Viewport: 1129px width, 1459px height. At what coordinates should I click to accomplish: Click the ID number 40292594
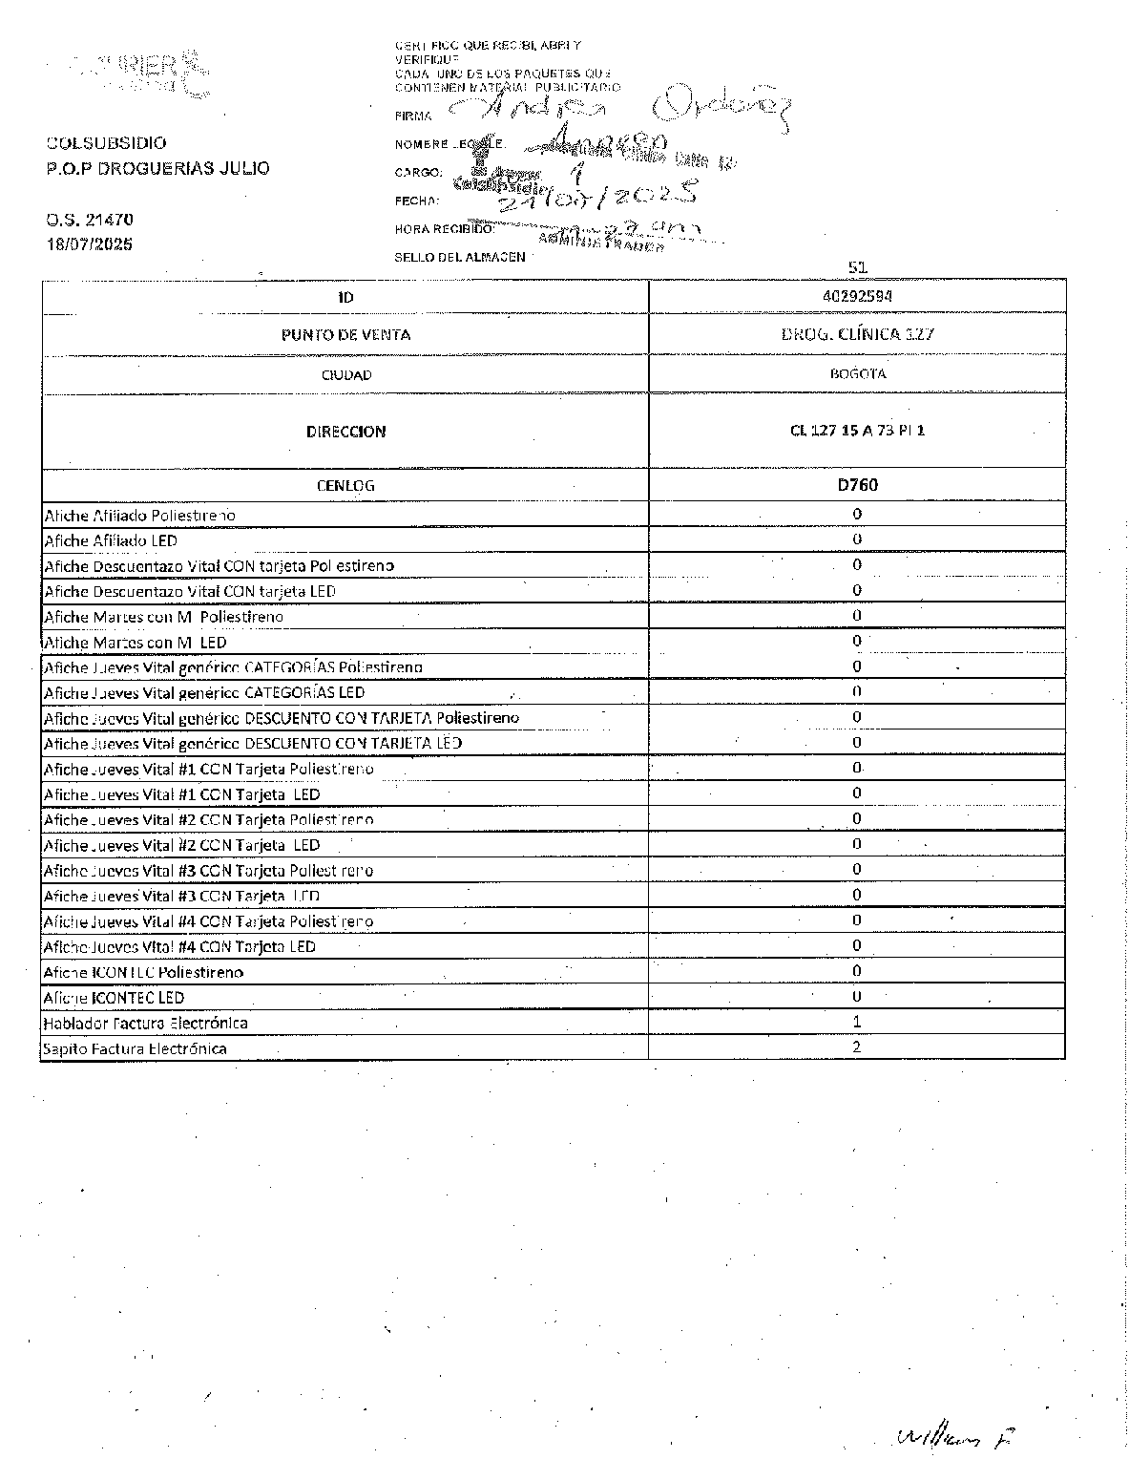point(857,296)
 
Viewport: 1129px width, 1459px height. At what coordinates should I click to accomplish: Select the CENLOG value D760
point(857,485)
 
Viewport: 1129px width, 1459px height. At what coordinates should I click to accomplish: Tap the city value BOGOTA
point(857,374)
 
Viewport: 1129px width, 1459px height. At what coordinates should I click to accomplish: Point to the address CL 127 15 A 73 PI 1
point(857,431)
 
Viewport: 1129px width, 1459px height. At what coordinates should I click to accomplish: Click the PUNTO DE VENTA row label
point(345,334)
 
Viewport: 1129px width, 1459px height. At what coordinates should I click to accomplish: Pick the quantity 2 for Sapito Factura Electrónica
point(857,1047)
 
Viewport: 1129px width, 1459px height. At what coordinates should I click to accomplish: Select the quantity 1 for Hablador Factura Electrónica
point(857,1022)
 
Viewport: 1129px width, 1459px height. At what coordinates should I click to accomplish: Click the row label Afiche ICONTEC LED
point(115,998)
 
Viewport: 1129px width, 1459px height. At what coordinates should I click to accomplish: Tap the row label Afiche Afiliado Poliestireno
point(139,516)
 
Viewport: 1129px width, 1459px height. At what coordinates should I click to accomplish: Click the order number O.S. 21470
point(90,221)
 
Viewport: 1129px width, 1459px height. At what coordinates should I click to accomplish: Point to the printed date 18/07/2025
point(90,244)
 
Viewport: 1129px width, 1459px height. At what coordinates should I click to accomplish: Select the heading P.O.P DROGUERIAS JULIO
point(157,168)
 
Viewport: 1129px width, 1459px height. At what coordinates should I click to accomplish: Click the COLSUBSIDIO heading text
point(106,143)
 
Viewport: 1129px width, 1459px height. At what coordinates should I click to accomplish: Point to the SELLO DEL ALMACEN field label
point(460,257)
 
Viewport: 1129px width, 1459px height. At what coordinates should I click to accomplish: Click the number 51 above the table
point(857,268)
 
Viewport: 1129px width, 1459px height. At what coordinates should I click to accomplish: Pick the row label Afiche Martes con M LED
point(136,643)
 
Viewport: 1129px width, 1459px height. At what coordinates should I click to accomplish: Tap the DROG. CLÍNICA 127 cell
point(857,334)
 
